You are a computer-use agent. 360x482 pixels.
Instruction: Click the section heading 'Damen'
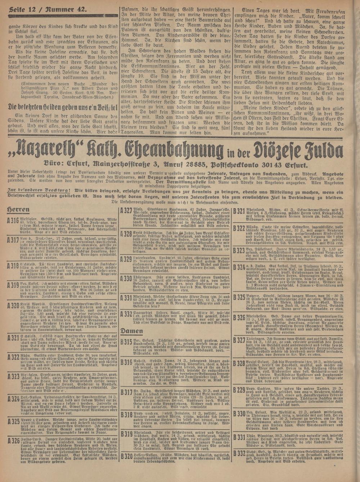coord(132,331)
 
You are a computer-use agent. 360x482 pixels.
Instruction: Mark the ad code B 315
coord(126,341)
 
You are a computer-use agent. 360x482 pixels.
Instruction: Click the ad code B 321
coord(239,212)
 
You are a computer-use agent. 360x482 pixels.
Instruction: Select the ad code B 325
coord(239,297)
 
